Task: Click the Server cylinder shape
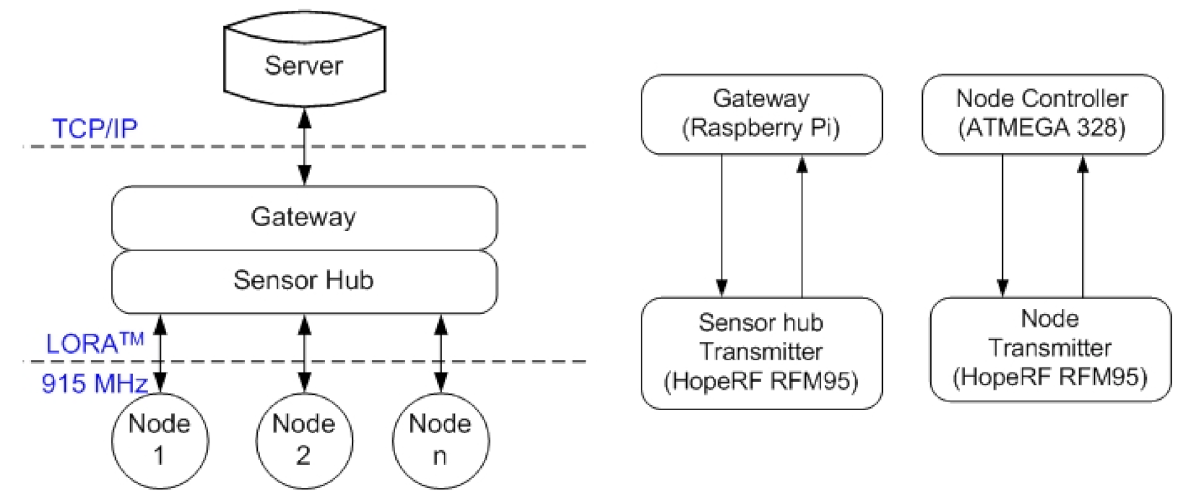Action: click(304, 65)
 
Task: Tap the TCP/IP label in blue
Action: click(94, 128)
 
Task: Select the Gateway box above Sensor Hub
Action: click(304, 217)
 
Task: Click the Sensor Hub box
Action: click(304, 280)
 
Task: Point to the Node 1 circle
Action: click(160, 440)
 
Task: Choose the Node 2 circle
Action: click(304, 440)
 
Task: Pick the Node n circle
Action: click(440, 440)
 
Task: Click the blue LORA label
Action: click(94, 343)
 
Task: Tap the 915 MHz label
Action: click(94, 383)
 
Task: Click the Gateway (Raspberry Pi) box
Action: click(761, 114)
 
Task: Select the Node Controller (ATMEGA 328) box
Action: click(1042, 114)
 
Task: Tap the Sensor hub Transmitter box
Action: click(761, 352)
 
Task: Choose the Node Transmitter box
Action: click(1050, 349)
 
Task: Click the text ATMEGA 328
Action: click(1042, 128)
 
